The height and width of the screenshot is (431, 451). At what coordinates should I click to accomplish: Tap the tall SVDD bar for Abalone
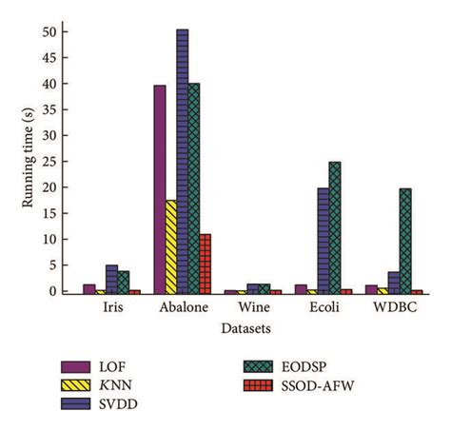182,161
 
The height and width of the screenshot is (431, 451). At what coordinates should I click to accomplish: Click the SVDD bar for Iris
111,279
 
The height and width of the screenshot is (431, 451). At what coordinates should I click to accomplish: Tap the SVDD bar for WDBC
394,282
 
